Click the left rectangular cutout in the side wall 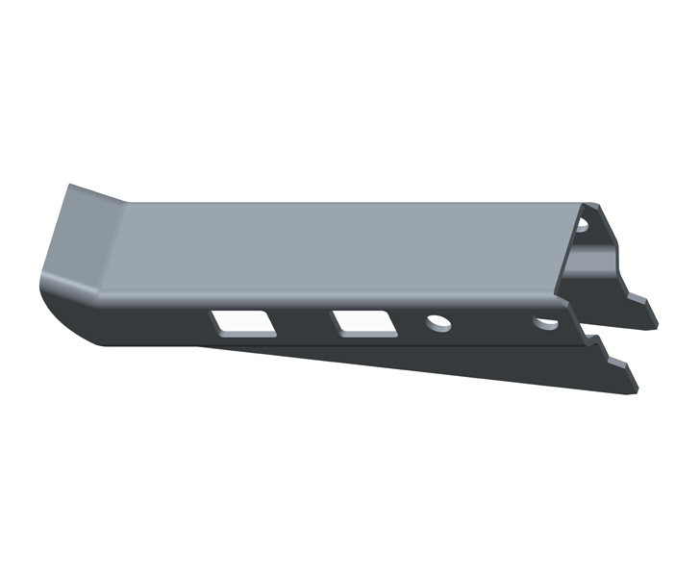click(244, 321)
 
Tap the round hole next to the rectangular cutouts click(438, 322)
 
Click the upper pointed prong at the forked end click(644, 314)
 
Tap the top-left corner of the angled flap click(67, 185)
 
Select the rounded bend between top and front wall click(337, 294)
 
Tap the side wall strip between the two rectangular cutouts click(303, 321)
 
